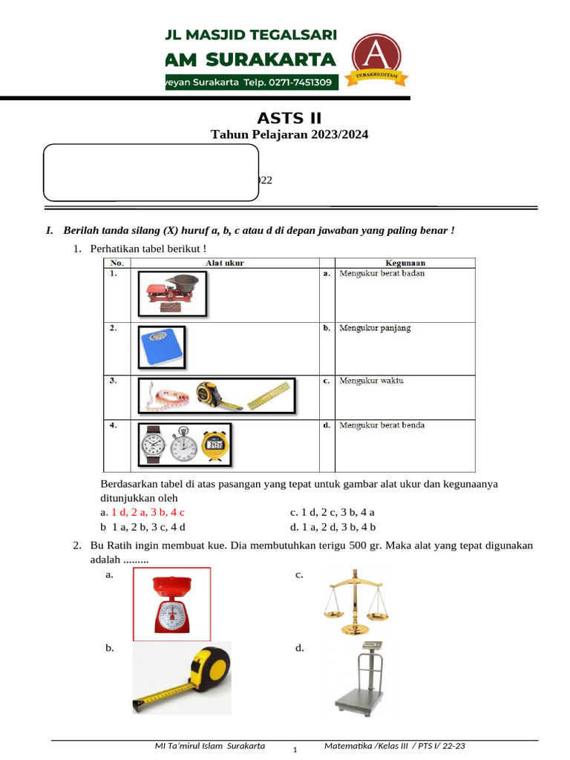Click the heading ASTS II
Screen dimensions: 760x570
click(x=289, y=118)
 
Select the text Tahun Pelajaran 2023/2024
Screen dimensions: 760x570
click(x=289, y=134)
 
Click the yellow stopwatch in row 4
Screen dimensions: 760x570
click(x=214, y=444)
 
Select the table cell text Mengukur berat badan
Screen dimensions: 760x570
click(x=381, y=273)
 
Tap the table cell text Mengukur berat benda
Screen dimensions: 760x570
click(x=381, y=425)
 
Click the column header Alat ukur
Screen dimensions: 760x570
click(x=225, y=263)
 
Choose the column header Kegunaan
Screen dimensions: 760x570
click(x=404, y=263)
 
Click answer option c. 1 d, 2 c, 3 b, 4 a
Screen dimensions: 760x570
click(x=332, y=512)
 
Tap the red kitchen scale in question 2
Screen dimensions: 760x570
click(x=171, y=603)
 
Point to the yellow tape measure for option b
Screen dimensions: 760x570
click(x=182, y=677)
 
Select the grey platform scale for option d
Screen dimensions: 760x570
click(x=362, y=678)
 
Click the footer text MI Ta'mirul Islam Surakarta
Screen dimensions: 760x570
click(x=209, y=746)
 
